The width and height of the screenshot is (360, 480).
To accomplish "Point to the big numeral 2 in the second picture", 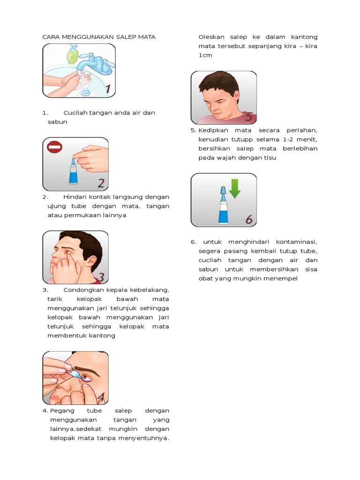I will tap(101, 182).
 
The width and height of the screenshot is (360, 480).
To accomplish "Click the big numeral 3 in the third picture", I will tap(100, 277).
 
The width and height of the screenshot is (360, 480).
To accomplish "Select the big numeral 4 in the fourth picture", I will tap(100, 397).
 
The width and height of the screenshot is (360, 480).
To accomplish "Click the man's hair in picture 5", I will tap(219, 81).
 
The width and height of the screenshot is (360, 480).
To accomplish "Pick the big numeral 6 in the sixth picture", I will tap(248, 219).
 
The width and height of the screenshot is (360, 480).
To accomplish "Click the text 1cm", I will tap(205, 55).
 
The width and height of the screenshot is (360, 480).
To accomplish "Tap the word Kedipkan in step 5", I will tap(214, 130).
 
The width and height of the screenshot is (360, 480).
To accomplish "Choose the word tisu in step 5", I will tap(270, 157).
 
